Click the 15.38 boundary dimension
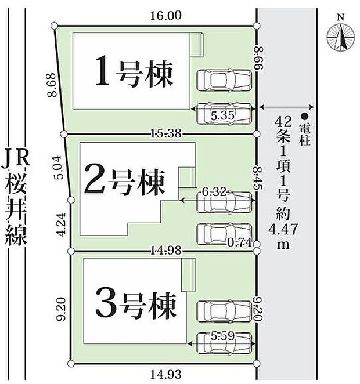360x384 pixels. (167, 134)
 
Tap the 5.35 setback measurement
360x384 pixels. (222, 116)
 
